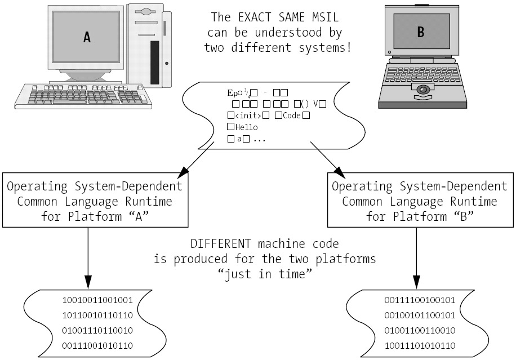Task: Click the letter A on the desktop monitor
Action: pos(87,37)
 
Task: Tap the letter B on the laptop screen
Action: pos(420,33)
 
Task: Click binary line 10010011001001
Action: pos(97,300)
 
